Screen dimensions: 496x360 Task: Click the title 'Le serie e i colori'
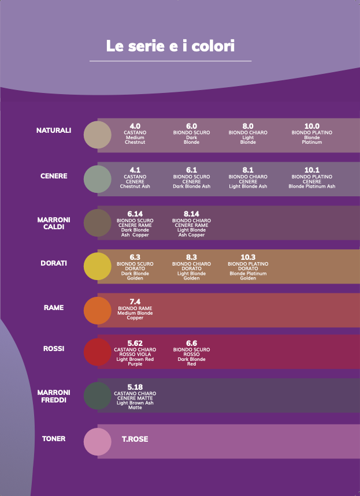(x=170, y=46)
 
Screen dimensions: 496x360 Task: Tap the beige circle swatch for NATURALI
(x=97, y=135)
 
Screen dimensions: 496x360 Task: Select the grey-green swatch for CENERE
(x=97, y=179)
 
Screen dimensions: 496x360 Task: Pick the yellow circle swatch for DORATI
(x=97, y=267)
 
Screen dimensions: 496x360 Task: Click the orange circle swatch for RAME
(x=97, y=310)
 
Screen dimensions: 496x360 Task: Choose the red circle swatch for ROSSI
(x=97, y=352)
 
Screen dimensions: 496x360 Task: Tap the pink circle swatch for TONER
(x=97, y=442)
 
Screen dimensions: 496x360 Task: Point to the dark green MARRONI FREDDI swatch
(x=97, y=396)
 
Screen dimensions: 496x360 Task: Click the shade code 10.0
(x=312, y=126)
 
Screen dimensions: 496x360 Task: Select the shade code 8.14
(x=191, y=214)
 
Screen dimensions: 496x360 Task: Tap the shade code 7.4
(x=135, y=301)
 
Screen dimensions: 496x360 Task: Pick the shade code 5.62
(x=135, y=343)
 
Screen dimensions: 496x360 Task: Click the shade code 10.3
(x=248, y=257)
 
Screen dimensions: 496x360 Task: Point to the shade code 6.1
(x=191, y=170)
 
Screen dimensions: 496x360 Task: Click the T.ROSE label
(x=135, y=439)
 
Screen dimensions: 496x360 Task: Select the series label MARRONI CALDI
(x=54, y=223)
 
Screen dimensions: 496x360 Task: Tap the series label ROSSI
(x=54, y=349)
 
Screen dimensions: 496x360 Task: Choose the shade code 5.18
(x=135, y=387)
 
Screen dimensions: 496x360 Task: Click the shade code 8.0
(x=248, y=126)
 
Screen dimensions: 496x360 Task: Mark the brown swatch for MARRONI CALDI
(x=97, y=223)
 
